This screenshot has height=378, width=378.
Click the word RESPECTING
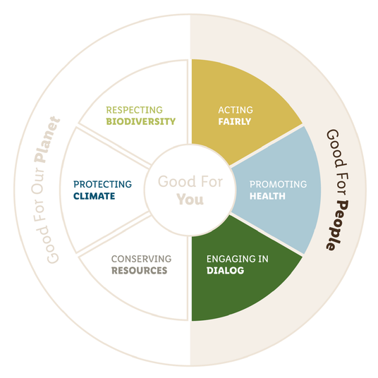[134, 110]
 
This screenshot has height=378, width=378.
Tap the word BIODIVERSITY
[141, 121]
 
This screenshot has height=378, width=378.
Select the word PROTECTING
[103, 185]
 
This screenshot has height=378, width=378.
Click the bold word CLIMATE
[94, 196]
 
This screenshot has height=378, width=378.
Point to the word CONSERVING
[141, 259]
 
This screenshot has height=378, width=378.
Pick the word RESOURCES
[139, 271]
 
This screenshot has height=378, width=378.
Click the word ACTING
[236, 110]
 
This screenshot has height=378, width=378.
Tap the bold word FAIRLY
[235, 121]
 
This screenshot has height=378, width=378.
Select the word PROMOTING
[278, 185]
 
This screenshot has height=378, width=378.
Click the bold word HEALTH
[267, 196]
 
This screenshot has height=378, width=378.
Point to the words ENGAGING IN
[238, 259]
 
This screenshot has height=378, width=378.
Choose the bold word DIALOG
[226, 271]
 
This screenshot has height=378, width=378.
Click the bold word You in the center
[190, 200]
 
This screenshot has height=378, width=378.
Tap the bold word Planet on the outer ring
[47, 140]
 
